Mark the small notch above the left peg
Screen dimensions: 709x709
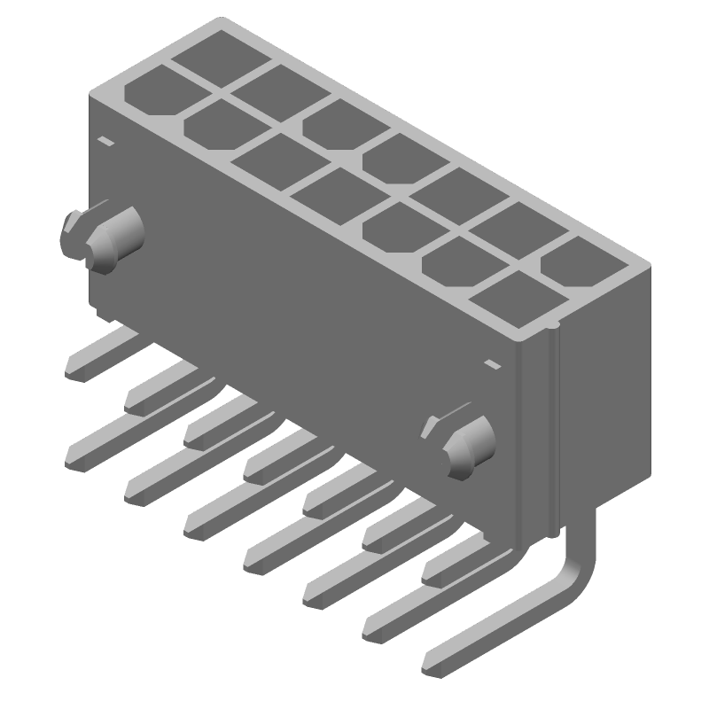(105, 141)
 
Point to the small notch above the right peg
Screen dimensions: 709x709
(490, 363)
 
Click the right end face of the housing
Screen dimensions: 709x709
(603, 390)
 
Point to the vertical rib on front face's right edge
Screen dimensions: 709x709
(554, 425)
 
